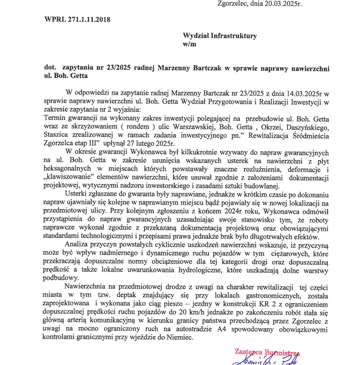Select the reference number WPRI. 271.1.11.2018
(78, 19)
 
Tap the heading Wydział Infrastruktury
(220, 35)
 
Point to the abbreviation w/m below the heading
(189, 44)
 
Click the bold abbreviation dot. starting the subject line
(51, 68)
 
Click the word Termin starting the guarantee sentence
(55, 118)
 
